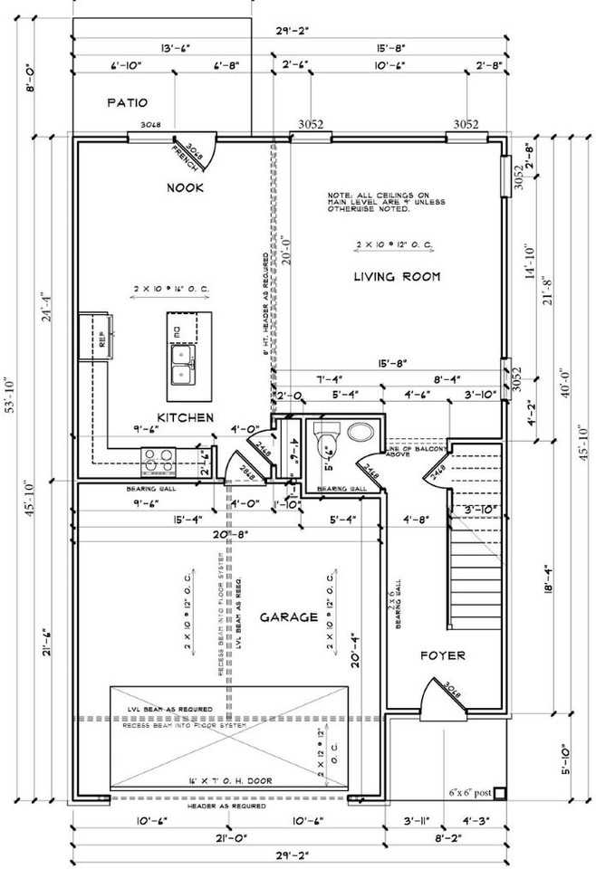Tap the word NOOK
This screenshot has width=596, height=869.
[184, 187]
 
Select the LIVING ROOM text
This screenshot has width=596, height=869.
[397, 276]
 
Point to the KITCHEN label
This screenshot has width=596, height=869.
[185, 417]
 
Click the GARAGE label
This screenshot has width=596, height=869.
[289, 617]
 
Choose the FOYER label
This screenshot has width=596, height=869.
[443, 654]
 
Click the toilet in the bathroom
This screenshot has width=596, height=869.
[325, 438]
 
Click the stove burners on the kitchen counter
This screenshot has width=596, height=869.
[151, 462]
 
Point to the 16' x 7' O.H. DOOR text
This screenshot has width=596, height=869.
[226, 780]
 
